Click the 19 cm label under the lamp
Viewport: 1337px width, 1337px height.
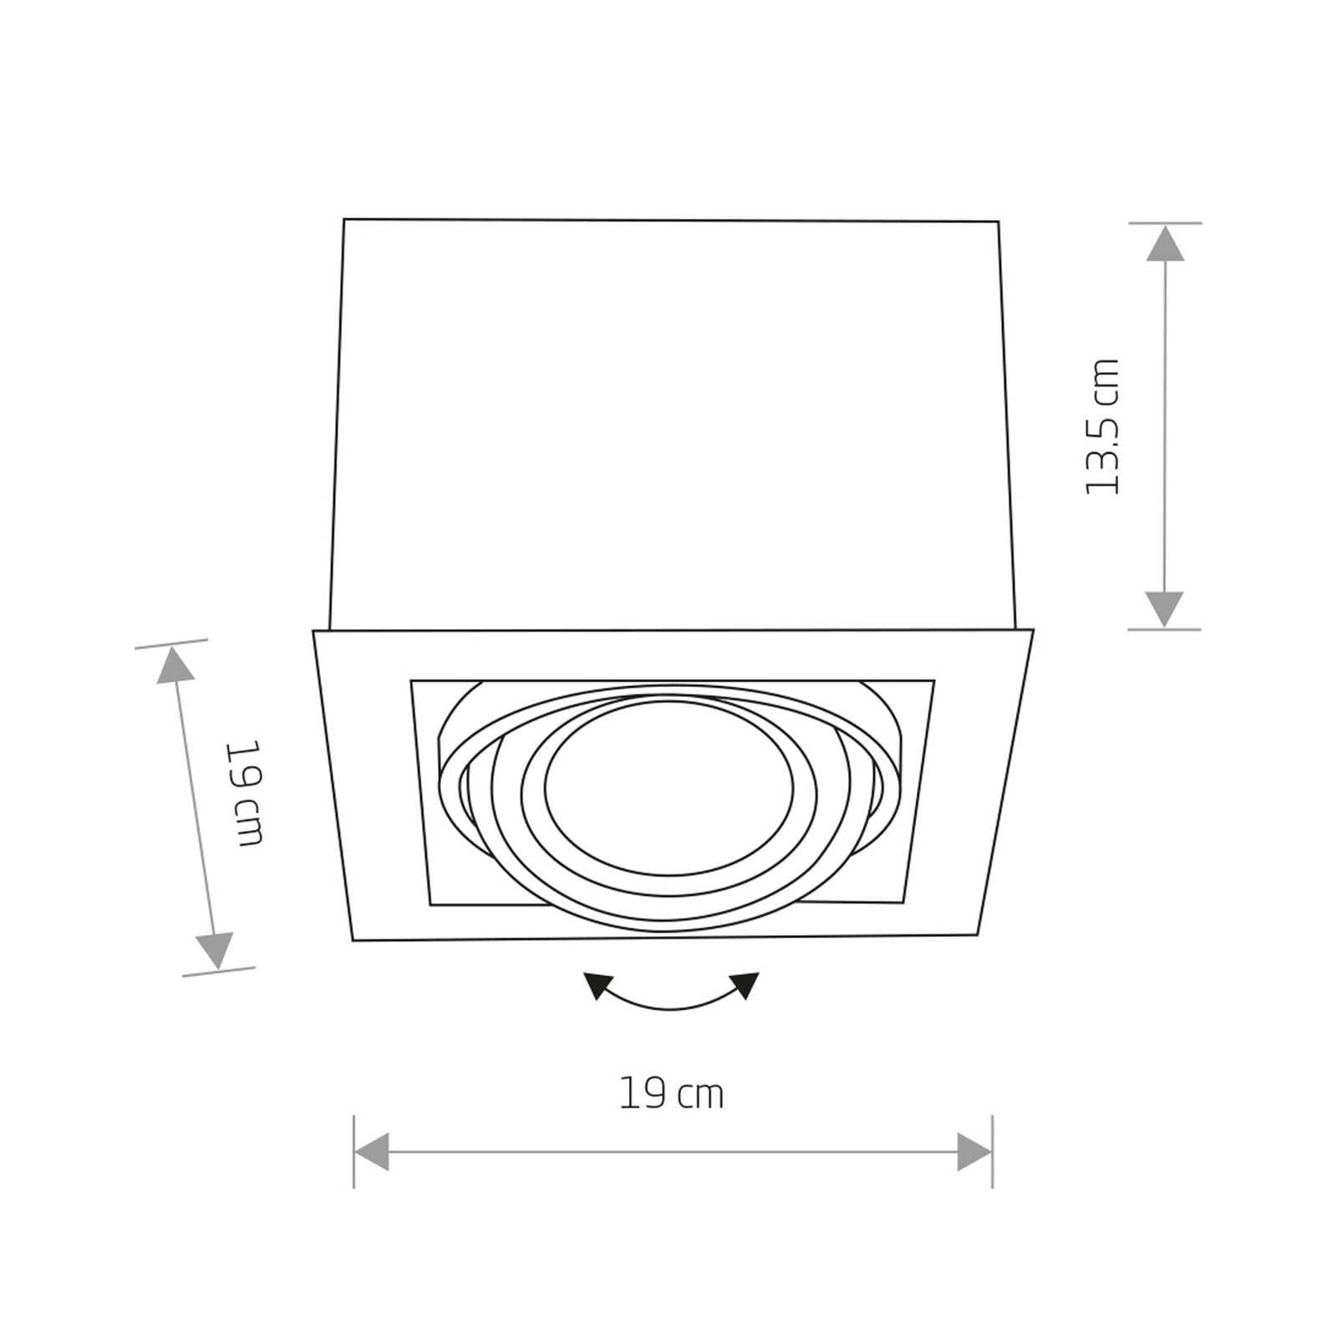coord(671,1093)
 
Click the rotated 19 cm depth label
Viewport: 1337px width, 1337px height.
coord(248,792)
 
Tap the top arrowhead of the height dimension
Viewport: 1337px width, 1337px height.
coord(1164,243)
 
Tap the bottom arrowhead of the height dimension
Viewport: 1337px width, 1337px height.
coord(1164,609)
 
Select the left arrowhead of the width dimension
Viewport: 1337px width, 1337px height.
coord(372,1151)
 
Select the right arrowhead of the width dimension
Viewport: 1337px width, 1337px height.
coord(974,1151)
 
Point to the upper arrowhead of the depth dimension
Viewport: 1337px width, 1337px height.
coord(175,666)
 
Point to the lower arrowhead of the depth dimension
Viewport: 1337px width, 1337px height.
coord(214,951)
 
